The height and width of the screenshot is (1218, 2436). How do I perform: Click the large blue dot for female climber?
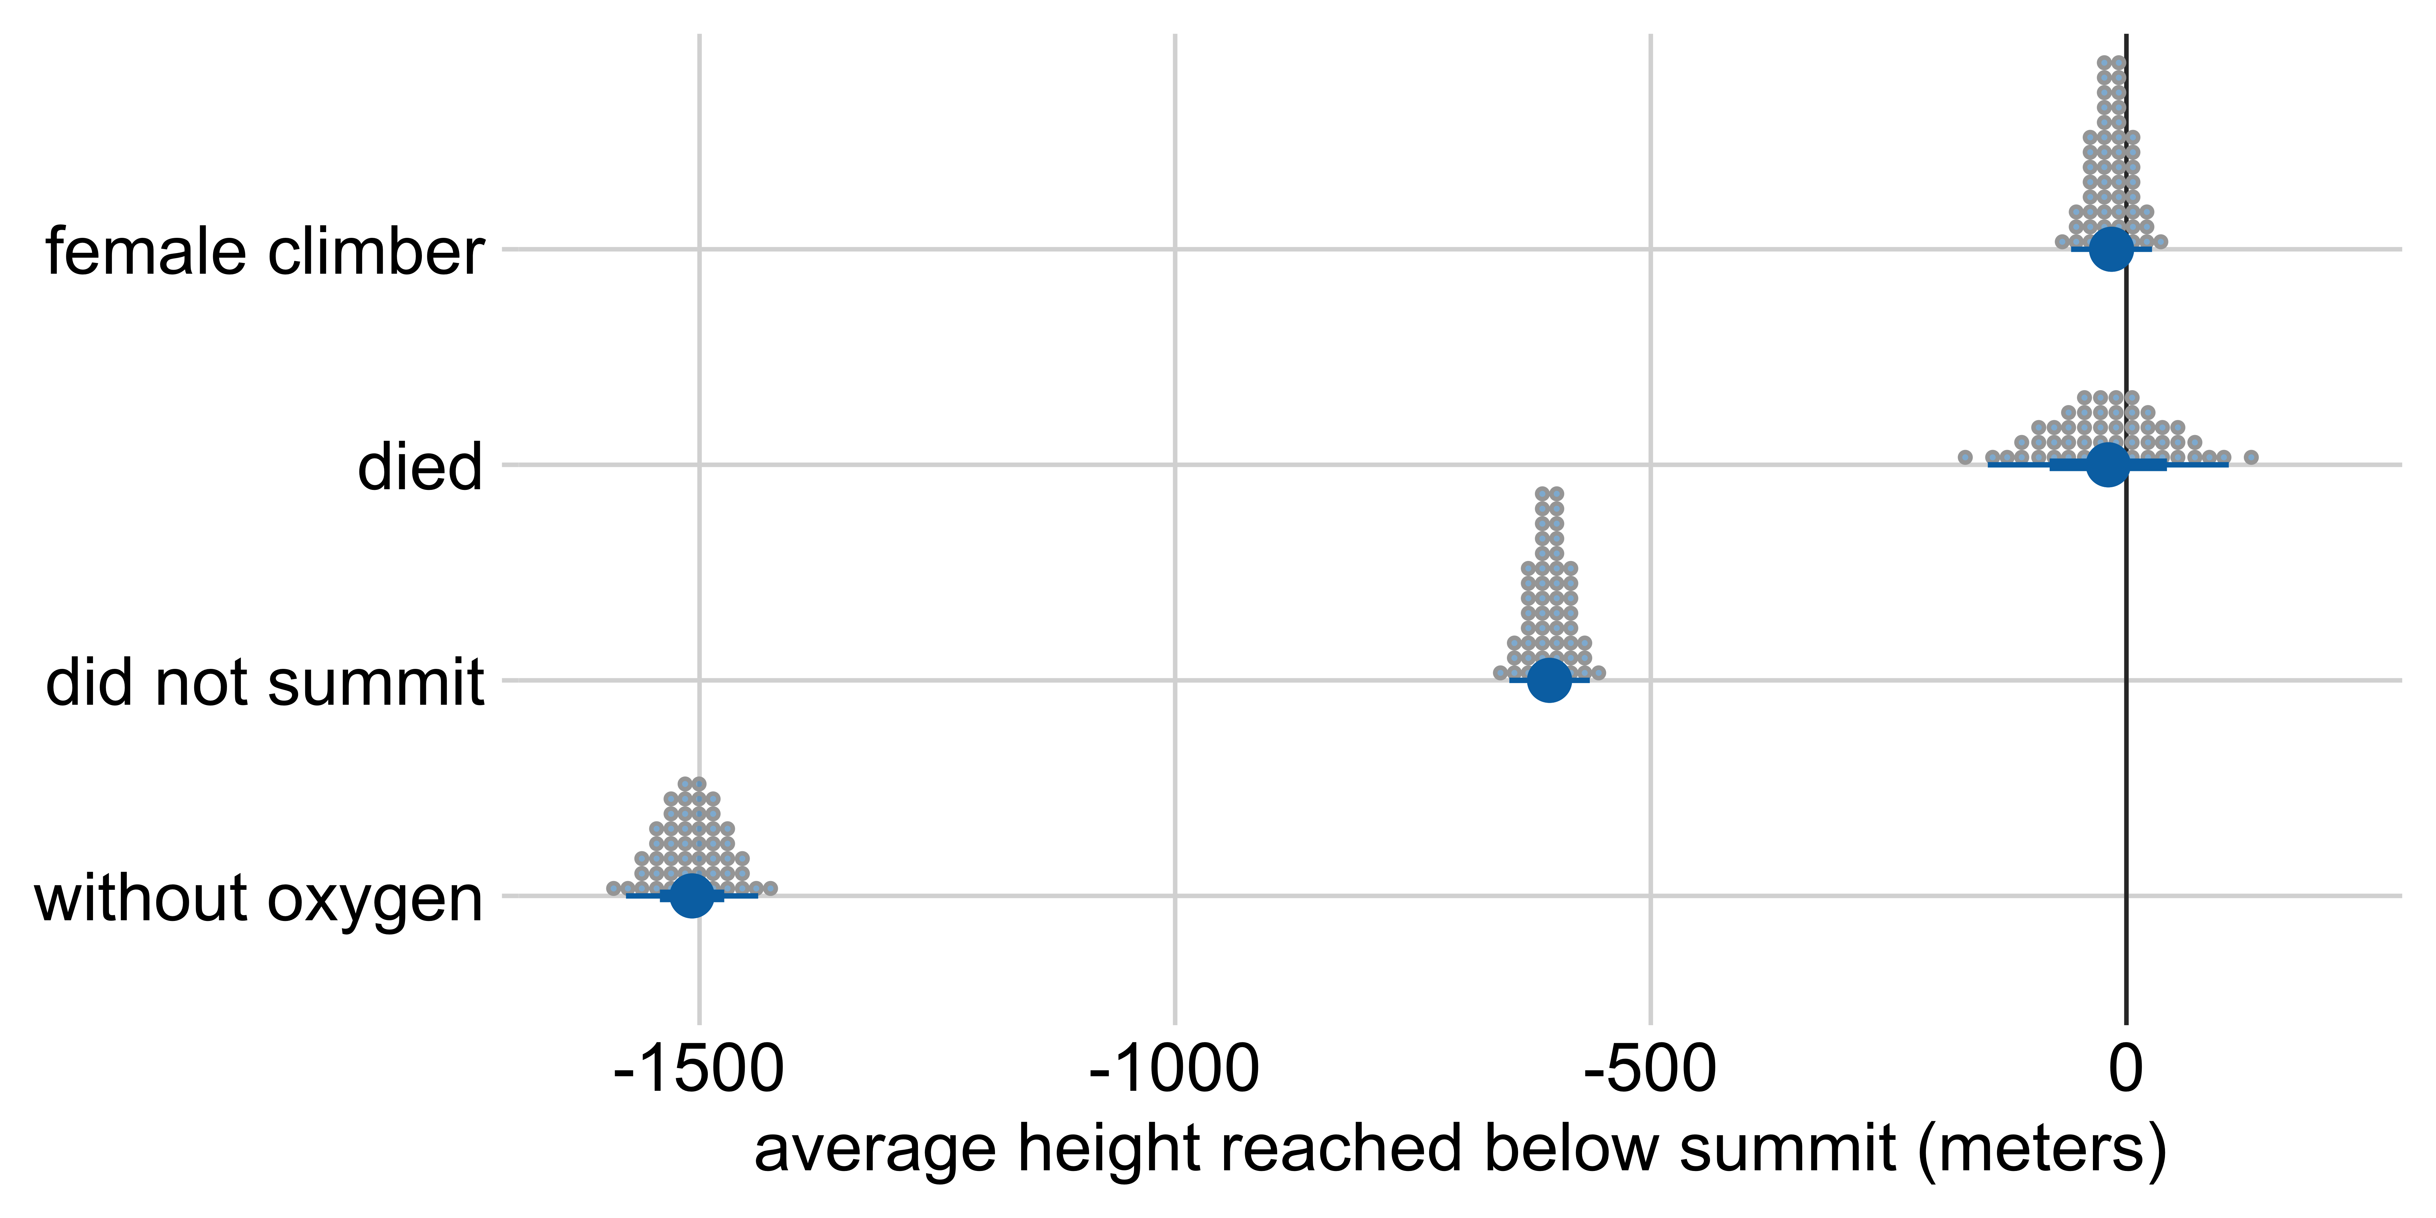2112,249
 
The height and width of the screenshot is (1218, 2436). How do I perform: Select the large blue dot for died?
2108,464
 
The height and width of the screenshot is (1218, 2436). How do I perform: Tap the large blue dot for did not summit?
1549,679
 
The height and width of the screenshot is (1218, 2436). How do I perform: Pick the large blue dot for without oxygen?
692,895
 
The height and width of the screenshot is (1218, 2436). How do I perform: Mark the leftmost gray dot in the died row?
1965,458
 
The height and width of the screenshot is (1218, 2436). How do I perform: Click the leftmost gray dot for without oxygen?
613,888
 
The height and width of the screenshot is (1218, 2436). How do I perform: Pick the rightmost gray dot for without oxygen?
771,888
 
